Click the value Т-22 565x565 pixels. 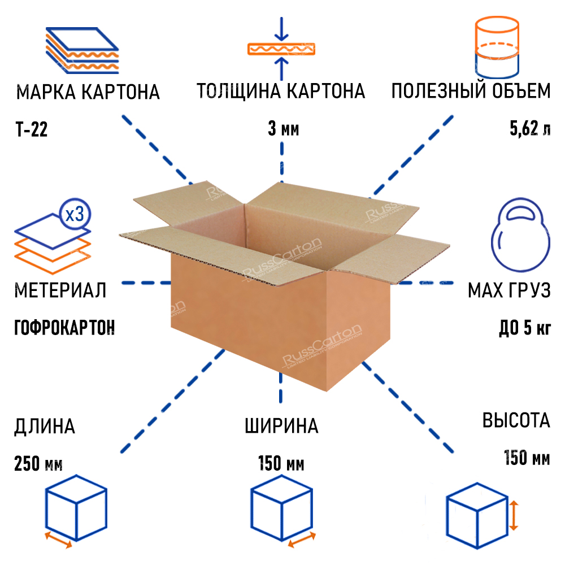pos(32,130)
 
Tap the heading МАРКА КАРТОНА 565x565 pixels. pos(88,92)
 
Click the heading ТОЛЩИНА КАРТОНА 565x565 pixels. pos(281,91)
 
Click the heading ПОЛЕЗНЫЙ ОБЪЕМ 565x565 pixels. pos(471,91)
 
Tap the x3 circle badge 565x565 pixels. pos(75,215)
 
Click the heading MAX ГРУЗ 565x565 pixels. pos(508,291)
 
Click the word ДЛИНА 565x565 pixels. pos(45,426)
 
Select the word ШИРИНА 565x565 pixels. pos(281,426)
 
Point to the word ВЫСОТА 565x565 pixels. pos(516,420)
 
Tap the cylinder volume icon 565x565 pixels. pos(497,47)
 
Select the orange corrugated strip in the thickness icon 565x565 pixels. pos(281,49)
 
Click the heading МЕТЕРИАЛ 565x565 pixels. pos(60,291)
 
